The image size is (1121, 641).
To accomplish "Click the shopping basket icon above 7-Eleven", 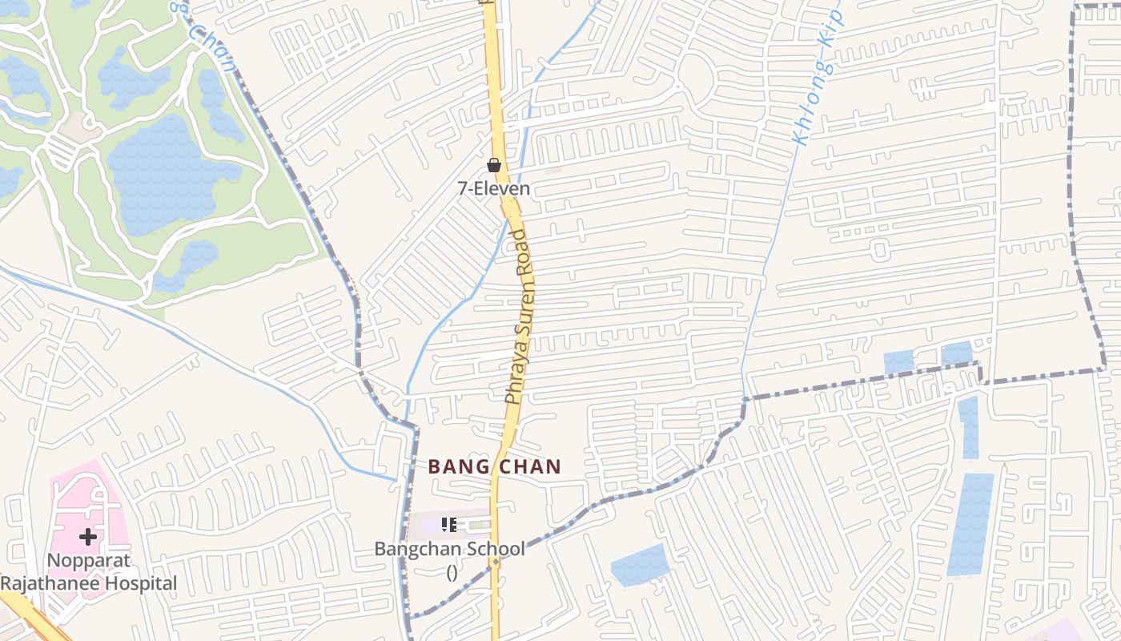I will (494, 165).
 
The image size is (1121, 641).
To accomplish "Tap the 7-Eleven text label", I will (494, 189).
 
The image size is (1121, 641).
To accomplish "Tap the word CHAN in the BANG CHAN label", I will (531, 467).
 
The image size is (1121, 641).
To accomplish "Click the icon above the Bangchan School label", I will (449, 525).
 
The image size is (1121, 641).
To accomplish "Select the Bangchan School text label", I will (450, 550).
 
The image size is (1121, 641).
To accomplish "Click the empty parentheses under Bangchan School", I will (452, 571).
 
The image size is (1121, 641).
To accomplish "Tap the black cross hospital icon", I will (88, 536).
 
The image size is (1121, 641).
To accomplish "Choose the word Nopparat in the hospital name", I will (89, 560).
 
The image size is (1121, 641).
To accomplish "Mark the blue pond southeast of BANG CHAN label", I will (640, 565).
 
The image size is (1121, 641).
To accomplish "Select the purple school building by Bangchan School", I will (432, 526).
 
